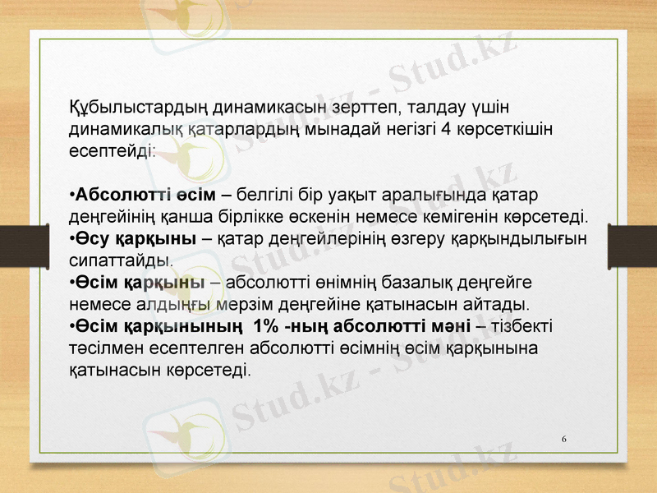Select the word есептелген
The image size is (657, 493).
pos(172,348)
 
